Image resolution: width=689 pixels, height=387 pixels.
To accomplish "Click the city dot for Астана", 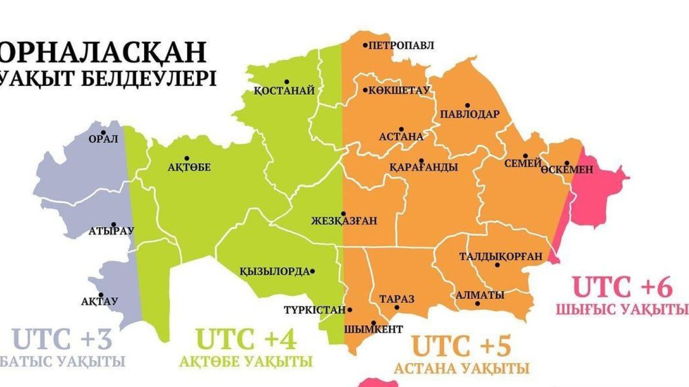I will point(401,129).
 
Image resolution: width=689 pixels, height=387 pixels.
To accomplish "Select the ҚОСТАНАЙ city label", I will point(284,91).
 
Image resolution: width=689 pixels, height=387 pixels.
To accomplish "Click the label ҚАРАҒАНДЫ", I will point(423,167).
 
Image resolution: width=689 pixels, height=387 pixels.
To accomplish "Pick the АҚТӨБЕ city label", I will point(189,167).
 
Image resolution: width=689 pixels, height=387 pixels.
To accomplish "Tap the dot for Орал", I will point(103,132).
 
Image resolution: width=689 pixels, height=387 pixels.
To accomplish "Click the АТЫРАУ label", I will point(111,231).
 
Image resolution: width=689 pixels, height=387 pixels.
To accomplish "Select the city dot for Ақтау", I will point(101,295).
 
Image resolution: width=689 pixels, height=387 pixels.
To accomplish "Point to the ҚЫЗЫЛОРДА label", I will point(274,272).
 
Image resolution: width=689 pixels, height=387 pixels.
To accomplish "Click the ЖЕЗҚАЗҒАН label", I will point(344,221).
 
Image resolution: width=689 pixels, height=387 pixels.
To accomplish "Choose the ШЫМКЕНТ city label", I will point(373,329).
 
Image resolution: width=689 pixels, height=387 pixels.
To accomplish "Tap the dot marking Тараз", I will point(397,307).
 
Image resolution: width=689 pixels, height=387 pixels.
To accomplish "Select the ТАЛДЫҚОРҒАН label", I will point(500,257).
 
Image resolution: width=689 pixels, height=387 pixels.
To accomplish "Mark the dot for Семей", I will point(525,156).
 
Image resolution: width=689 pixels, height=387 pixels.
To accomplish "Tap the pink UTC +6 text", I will point(622,288).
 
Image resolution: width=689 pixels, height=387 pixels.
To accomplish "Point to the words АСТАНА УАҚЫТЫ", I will point(461,369).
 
